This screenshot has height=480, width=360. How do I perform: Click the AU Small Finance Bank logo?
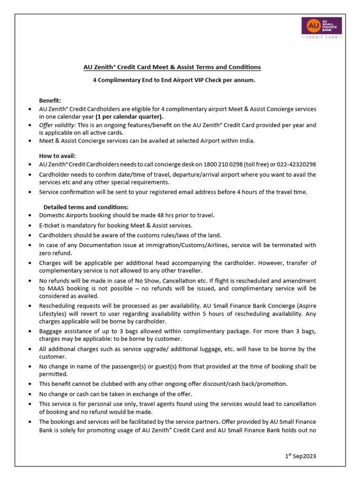[x=321, y=25]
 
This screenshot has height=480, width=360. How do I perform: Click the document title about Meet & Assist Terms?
[x=172, y=67]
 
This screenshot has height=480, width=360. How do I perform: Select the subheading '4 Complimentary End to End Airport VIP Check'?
[x=173, y=80]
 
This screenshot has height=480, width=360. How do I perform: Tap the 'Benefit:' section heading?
[x=50, y=100]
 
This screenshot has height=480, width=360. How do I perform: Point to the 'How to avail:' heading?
[x=57, y=156]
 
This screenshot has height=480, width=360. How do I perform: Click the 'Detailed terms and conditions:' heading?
[x=86, y=207]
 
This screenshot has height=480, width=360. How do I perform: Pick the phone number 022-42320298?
[x=292, y=165]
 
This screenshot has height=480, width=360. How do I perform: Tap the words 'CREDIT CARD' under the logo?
[x=321, y=37]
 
